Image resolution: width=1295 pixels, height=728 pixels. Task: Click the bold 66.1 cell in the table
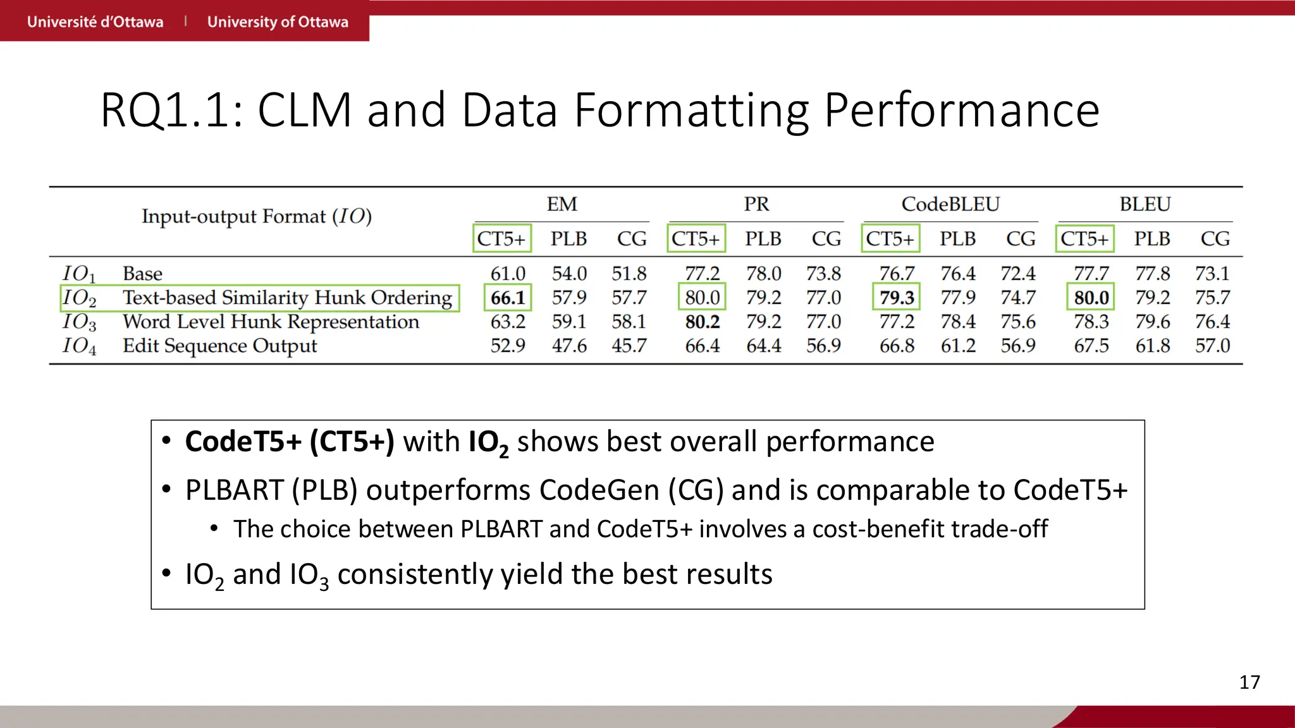pos(508,298)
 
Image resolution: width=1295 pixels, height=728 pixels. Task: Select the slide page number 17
pos(1249,682)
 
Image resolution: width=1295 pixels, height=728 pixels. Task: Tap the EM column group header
pos(562,204)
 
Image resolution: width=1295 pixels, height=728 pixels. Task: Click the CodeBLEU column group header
pos(950,204)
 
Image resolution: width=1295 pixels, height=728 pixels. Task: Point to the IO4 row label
pos(80,346)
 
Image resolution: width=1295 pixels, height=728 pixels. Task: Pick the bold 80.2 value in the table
pos(702,322)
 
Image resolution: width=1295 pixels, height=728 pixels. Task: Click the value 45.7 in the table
pos(629,346)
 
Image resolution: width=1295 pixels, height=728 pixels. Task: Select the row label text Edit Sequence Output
pos(219,346)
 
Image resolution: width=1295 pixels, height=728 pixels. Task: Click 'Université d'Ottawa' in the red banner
pos(95,21)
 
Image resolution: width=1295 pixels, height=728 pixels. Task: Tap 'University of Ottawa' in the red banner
pos(278,21)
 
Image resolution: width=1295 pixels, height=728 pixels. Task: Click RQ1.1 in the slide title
pos(171,111)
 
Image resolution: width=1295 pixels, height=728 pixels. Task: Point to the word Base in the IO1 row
pos(142,274)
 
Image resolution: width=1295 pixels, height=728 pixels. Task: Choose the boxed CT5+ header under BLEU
pos(1084,239)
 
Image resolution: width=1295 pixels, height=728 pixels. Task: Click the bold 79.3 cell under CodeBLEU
pos(897,298)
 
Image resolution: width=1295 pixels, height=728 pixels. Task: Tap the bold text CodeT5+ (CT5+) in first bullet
pos(290,441)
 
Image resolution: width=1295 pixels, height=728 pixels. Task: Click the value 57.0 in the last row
pos(1212,346)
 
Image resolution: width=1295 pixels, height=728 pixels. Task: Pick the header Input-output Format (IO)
pos(256,216)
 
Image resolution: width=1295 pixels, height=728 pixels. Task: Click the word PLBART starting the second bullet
pos(234,490)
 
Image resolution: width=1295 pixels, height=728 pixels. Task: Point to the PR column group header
pos(756,204)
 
